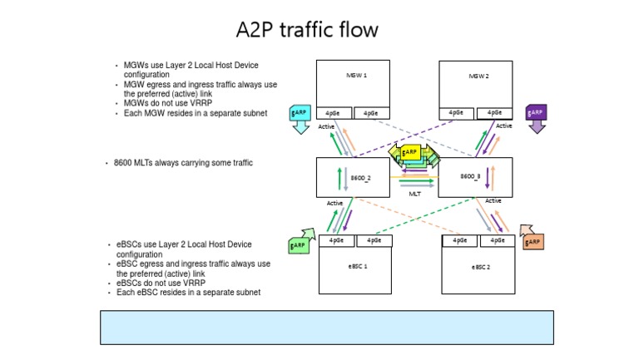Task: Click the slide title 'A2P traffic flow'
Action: pyautogui.click(x=307, y=31)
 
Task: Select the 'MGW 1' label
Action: pyautogui.click(x=356, y=75)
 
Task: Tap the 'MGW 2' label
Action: pyautogui.click(x=478, y=75)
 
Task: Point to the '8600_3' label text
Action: pyautogui.click(x=470, y=177)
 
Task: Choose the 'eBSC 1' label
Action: pyautogui.click(x=357, y=267)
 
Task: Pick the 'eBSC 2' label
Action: pyautogui.click(x=480, y=267)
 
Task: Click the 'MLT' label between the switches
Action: pyautogui.click(x=414, y=193)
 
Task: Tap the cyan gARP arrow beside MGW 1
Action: pyautogui.click(x=300, y=119)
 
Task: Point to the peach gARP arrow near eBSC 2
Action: pyautogui.click(x=531, y=238)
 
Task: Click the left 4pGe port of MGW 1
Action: pyautogui.click(x=333, y=113)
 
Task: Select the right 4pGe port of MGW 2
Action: pyautogui.click(x=495, y=113)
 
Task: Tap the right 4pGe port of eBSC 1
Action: pyautogui.click(x=374, y=241)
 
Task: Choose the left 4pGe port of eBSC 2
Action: pyautogui.click(x=459, y=241)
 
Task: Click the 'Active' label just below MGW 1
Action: pyautogui.click(x=326, y=127)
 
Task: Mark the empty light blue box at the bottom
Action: pyautogui.click(x=326, y=327)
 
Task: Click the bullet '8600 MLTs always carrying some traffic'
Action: pyautogui.click(x=183, y=163)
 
